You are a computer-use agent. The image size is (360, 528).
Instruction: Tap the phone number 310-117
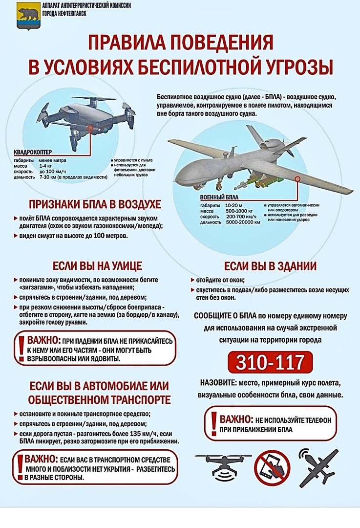click(270, 362)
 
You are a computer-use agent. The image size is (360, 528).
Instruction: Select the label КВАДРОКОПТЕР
click(33, 152)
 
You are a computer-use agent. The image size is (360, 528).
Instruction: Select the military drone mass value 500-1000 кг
click(238, 210)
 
